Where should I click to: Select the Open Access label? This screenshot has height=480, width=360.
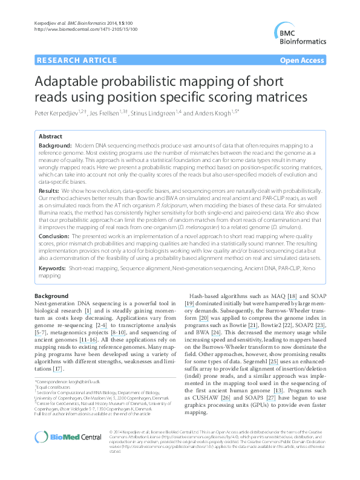point(301,61)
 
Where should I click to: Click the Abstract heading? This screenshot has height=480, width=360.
point(50,137)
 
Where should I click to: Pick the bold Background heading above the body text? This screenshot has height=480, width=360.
point(52,295)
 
